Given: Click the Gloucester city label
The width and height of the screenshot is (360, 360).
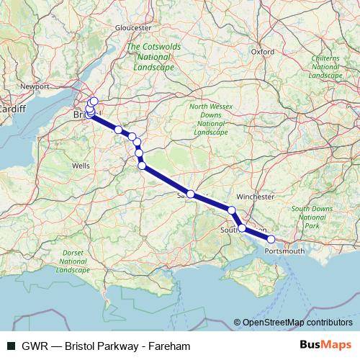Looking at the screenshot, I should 133,27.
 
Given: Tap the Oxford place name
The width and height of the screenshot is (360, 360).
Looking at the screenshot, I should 263,52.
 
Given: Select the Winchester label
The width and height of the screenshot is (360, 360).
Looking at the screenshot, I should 255,196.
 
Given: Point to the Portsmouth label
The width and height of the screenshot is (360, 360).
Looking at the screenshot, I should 285,251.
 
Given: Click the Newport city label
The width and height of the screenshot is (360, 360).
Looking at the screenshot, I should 35,86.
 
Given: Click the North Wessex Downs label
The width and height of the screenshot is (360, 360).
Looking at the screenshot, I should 210,120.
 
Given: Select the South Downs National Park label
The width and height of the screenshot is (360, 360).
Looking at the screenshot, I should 311,217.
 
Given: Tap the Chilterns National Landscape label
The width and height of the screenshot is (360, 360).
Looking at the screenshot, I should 325,66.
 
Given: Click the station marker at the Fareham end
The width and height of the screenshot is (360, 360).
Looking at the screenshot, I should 271,239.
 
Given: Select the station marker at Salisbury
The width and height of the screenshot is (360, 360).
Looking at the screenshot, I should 191,194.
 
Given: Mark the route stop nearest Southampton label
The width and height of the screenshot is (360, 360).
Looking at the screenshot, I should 242,228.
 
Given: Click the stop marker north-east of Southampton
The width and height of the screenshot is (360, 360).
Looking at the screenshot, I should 232,210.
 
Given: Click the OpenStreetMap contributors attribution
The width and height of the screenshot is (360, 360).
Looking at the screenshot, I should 297,322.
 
